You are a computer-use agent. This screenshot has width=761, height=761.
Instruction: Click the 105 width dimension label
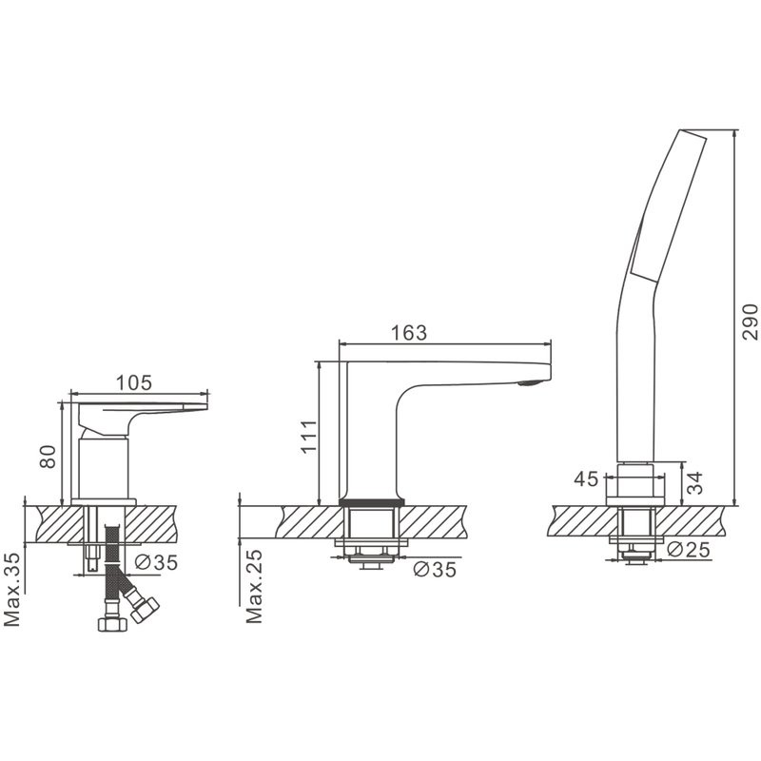tap(134, 382)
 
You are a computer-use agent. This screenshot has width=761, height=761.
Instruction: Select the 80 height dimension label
tap(48, 457)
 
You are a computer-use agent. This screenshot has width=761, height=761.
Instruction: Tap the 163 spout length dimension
tap(409, 332)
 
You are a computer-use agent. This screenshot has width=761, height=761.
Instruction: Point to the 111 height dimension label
tap(308, 437)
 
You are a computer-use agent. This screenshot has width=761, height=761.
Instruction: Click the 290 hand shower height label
tap(750, 322)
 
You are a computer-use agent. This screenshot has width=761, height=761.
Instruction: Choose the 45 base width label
tap(586, 479)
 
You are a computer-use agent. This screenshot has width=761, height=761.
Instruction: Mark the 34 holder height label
tap(695, 483)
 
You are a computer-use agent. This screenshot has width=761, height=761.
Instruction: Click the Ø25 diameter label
tap(689, 550)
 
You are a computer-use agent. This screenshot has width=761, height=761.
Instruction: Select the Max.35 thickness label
tap(11, 589)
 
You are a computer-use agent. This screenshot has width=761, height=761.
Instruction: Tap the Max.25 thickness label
tap(254, 586)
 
